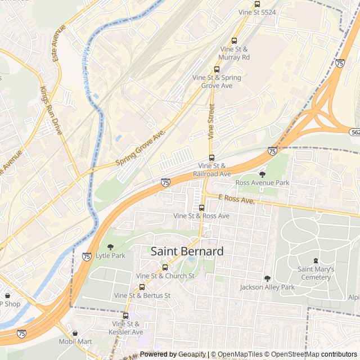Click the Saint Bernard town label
pyautogui.click(x=187, y=251)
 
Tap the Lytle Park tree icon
pyautogui.click(x=110, y=247)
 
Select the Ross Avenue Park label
pyautogui.click(x=262, y=183)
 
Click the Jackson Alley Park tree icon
pyautogui.click(x=267, y=278)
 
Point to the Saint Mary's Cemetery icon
pyautogui.click(x=316, y=260)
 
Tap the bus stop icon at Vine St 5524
pyautogui.click(x=257, y=4)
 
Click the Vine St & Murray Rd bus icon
pyautogui.click(x=235, y=40)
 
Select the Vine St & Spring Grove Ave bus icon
pyautogui.click(x=217, y=69)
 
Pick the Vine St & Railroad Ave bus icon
pyautogui.click(x=212, y=157)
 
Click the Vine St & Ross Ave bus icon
pyautogui.click(x=201, y=208)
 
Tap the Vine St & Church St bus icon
pyautogui.click(x=165, y=268)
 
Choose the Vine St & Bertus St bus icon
pyautogui.click(x=142, y=287)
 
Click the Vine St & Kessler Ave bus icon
pyautogui.click(x=125, y=316)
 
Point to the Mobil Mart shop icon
pyautogui.click(x=75, y=333)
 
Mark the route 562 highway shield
pyautogui.click(x=354, y=132)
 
